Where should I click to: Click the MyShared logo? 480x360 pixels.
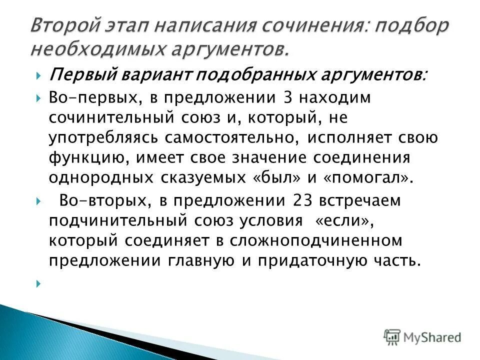pos(422,336)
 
